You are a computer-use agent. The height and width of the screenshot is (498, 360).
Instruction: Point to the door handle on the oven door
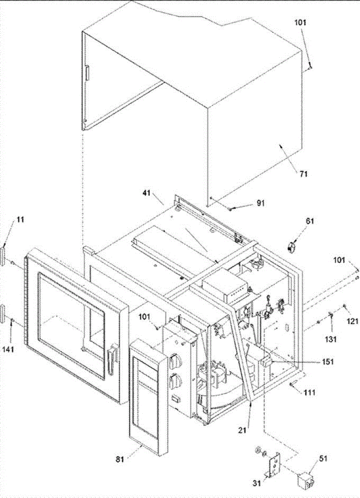(x=111, y=357)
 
